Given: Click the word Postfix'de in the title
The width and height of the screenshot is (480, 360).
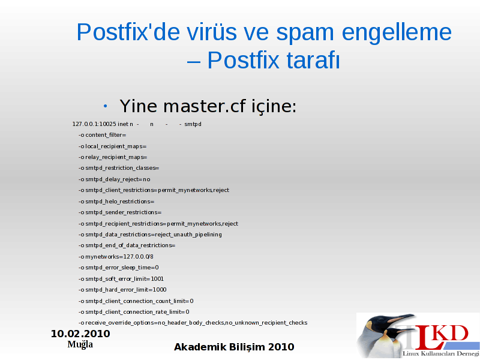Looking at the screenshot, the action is tap(128, 32).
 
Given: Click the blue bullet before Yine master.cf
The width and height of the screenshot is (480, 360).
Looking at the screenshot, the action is tap(106, 106).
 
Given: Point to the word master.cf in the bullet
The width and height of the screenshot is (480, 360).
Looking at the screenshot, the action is tap(204, 106).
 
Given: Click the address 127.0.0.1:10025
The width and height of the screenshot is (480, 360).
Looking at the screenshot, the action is tap(94, 124).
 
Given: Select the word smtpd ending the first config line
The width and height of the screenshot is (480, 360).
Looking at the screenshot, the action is tap(193, 124).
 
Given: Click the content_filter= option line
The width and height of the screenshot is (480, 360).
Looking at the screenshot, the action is tap(102, 135).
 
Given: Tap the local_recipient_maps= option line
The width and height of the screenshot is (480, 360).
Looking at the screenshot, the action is tap(112, 146).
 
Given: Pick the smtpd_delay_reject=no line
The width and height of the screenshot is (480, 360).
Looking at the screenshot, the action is tap(114, 179).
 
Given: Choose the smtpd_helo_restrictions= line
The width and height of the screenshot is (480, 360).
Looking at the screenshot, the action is tap(116, 202).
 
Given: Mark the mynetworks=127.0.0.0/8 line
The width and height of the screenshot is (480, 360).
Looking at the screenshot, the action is tap(116, 257).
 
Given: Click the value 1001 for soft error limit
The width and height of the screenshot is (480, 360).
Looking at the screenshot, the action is tap(157, 279).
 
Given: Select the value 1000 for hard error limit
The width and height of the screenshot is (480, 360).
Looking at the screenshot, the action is tap(160, 290).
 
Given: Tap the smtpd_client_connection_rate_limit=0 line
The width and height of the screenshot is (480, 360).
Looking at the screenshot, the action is tap(134, 312).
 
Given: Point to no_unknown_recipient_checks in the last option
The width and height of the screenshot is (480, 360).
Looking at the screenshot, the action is tap(266, 323).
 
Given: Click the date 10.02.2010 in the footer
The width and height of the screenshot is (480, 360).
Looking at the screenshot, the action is tap(80, 334).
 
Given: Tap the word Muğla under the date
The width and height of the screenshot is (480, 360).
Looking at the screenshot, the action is tap(80, 344).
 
